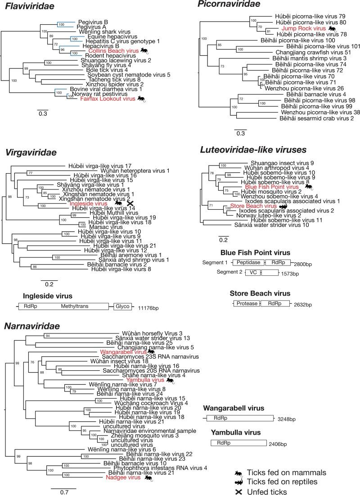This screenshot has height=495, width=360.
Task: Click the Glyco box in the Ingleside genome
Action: click(122, 306)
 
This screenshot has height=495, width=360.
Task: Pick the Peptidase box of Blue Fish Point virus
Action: click(248, 262)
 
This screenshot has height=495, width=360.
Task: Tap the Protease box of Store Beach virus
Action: click(247, 304)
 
